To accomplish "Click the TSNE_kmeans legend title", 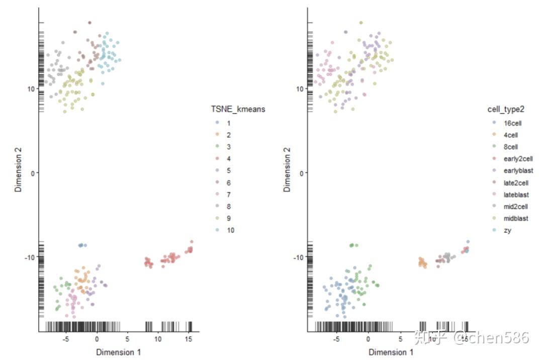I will pos(238,109).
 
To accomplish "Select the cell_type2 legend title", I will pos(508,109).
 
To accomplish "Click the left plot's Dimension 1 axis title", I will pos(119,352).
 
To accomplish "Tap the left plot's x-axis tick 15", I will pos(189,339).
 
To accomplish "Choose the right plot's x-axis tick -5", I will pos(336,339).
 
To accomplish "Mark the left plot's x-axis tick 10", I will pos(158,339).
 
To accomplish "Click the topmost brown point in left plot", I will pos(89,23).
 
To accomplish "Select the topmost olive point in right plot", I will pos(360,23).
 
